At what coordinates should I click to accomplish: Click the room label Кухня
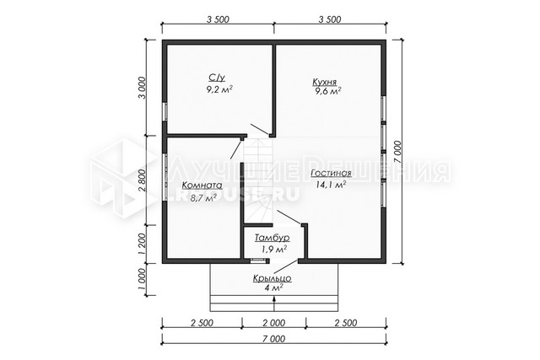[x=324, y=82]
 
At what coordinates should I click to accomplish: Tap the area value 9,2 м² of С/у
[x=219, y=90]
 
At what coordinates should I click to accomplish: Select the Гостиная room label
[x=331, y=174]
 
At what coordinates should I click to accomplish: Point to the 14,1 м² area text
[x=331, y=185]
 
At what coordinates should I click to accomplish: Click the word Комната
[x=202, y=185]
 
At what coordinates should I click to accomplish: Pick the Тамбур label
[x=272, y=238]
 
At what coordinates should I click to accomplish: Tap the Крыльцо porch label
[x=273, y=278]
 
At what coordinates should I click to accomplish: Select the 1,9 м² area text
[x=274, y=250]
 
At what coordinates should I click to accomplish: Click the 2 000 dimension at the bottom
[x=274, y=323]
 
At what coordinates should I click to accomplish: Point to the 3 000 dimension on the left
[x=142, y=88]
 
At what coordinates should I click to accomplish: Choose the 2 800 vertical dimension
[x=142, y=180]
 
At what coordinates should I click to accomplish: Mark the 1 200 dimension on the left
[x=142, y=244]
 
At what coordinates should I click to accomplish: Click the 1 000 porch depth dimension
[x=142, y=279]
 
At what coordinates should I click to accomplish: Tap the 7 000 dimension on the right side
[x=397, y=152]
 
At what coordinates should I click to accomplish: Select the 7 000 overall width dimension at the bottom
[x=274, y=339]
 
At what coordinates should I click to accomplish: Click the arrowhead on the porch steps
[x=274, y=298]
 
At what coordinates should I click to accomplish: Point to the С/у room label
[x=217, y=78]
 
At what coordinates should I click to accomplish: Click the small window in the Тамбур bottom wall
[x=256, y=261]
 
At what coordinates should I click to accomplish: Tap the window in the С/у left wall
[x=165, y=110]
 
